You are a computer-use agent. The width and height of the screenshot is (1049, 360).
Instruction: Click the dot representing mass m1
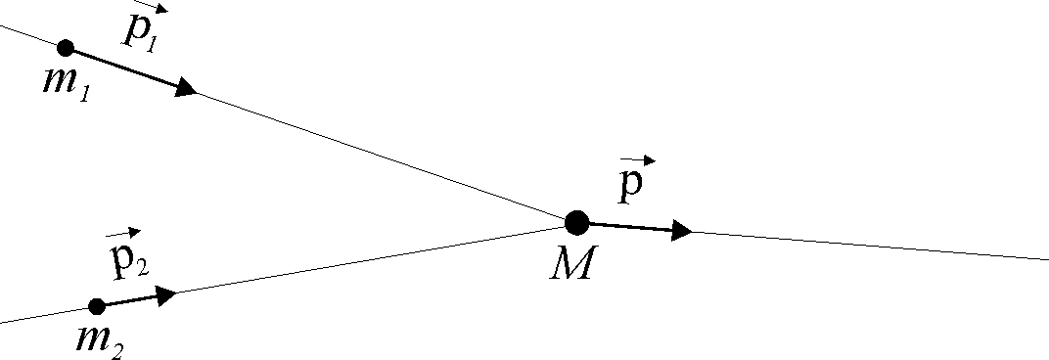tap(66, 47)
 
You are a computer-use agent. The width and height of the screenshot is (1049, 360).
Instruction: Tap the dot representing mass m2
tap(97, 306)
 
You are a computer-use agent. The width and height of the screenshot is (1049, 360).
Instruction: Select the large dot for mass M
tap(577, 223)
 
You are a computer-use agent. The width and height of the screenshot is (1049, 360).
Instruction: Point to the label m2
tap(99, 340)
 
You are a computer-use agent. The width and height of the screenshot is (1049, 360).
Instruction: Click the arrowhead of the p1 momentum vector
tap(186, 89)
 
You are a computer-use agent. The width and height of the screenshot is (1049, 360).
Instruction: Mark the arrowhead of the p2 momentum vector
tap(166, 293)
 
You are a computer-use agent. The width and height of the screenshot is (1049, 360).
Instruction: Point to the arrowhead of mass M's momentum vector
tap(682, 231)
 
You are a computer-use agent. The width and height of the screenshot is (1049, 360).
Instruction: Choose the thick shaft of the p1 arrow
tap(122, 67)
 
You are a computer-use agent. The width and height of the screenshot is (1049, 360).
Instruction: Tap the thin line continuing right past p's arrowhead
tap(871, 246)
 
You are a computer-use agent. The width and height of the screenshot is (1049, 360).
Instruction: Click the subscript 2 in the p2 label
tap(142, 267)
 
